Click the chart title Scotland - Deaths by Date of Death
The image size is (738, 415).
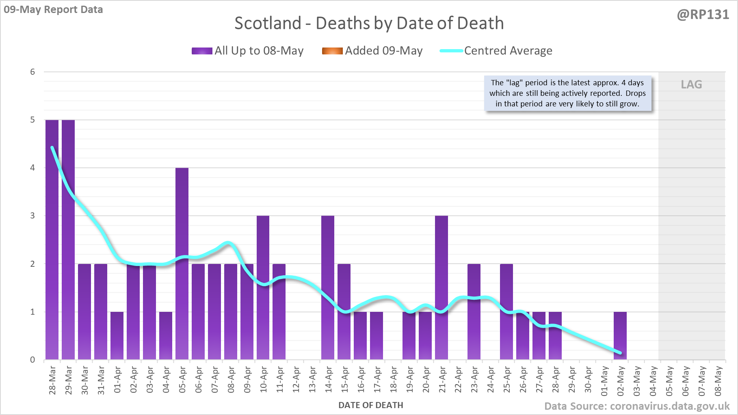pyautogui.click(x=369, y=23)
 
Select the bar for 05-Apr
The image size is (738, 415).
pyautogui.click(x=182, y=264)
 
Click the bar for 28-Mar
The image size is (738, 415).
pyautogui.click(x=52, y=240)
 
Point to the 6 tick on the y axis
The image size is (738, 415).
pyautogui.click(x=32, y=72)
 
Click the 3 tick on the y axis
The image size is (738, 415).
pyautogui.click(x=32, y=216)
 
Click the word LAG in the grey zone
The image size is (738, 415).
pyautogui.click(x=691, y=84)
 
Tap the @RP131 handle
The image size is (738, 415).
pyautogui.click(x=703, y=15)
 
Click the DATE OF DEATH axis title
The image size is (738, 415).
pyautogui.click(x=370, y=405)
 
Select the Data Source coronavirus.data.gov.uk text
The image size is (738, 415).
pyautogui.click(x=636, y=406)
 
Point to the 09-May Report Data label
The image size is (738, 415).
pyautogui.click(x=53, y=9)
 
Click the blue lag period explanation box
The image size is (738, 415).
pyautogui.click(x=567, y=93)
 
